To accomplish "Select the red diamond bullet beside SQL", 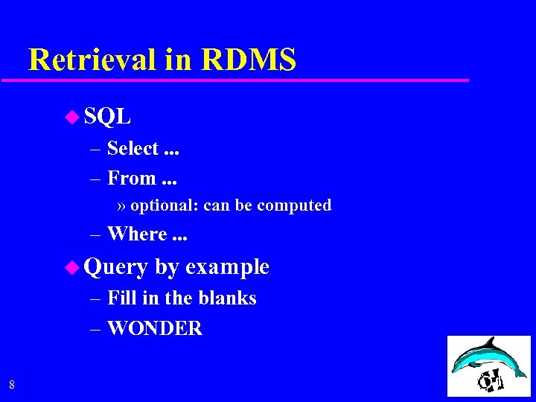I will click(x=71, y=115).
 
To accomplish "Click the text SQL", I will click(x=108, y=116).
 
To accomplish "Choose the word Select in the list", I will click(x=133, y=149).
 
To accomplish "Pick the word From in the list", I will click(x=132, y=179).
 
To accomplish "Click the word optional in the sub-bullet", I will click(x=163, y=205).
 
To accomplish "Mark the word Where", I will click(x=137, y=234).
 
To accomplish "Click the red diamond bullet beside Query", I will click(x=71, y=267).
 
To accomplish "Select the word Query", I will click(x=116, y=267).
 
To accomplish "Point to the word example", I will click(x=227, y=267).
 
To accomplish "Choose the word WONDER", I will click(x=155, y=328).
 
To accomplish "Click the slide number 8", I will click(x=11, y=385).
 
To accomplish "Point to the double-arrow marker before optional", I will click(x=121, y=206).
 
